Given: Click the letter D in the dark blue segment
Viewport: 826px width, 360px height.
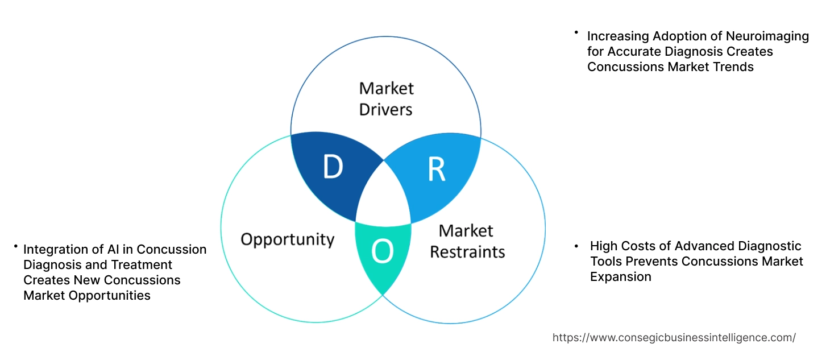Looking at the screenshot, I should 333,167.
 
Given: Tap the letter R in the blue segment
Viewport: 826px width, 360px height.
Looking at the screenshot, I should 436,169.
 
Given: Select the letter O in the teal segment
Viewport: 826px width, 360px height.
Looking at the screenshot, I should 383,251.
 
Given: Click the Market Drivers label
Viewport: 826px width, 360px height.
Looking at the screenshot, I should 386,98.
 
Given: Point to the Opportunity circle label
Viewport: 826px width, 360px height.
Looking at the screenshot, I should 287,239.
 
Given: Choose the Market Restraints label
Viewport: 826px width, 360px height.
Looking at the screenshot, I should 467,241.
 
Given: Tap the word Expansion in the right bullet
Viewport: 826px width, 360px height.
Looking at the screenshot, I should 620,276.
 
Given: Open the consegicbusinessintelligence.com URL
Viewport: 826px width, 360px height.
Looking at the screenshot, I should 674,337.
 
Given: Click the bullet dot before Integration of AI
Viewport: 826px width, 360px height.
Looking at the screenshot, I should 16,246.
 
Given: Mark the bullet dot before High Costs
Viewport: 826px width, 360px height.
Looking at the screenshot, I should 576,246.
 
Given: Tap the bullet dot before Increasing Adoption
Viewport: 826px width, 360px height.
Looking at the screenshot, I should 576,32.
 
